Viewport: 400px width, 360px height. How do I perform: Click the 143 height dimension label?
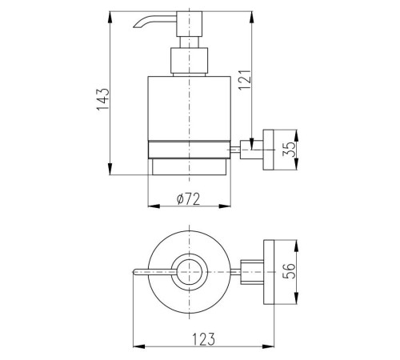coord(103,99)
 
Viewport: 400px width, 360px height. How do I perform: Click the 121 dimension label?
coord(245,80)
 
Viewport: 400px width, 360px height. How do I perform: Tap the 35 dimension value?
coord(290,149)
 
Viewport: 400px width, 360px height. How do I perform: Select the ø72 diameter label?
coord(188,198)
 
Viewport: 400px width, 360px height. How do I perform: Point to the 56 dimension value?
coord(289,271)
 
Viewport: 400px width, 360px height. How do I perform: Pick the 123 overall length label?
coord(203,339)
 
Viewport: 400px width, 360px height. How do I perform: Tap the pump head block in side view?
coord(190,24)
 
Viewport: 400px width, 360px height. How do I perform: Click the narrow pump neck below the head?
coord(190,42)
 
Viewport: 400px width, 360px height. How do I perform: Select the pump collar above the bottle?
coord(190,61)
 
